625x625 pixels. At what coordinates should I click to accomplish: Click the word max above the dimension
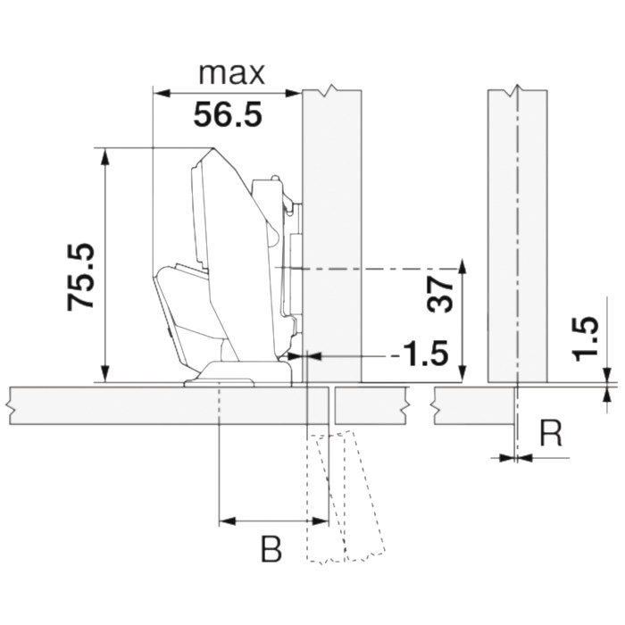(231, 74)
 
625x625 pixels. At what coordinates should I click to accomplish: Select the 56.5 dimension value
(228, 114)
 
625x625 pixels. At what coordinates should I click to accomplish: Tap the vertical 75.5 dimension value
(81, 277)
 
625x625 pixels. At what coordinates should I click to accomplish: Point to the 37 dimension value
(440, 294)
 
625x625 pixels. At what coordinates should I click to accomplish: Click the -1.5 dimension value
(420, 354)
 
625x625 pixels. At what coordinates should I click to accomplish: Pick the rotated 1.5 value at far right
(585, 338)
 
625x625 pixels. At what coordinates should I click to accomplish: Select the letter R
(551, 433)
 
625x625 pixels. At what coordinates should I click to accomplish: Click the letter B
(271, 549)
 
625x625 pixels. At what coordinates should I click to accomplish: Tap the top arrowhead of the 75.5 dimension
(104, 156)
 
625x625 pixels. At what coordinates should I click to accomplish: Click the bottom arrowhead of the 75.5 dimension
(104, 374)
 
